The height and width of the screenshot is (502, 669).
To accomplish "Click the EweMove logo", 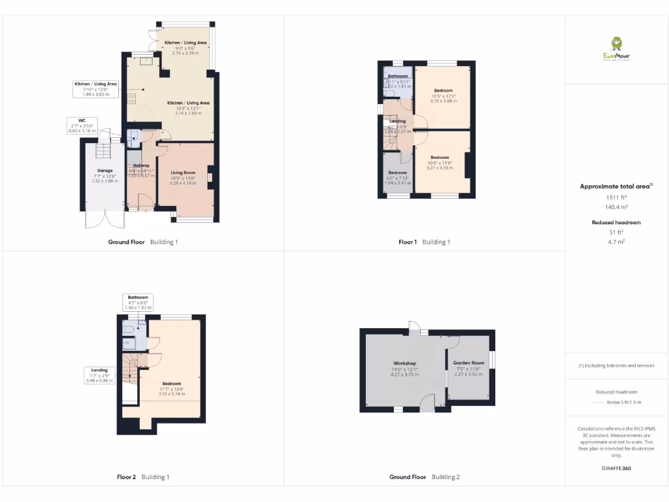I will [x=617, y=48].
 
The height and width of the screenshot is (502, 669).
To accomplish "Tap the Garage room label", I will [x=105, y=171].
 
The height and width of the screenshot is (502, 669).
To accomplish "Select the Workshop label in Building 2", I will [x=404, y=363].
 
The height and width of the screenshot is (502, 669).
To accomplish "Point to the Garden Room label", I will [x=469, y=363].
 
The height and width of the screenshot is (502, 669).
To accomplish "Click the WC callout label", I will [x=82, y=120].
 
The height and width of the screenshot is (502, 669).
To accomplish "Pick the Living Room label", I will [x=183, y=173].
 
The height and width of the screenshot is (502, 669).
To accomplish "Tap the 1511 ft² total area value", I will [x=617, y=197].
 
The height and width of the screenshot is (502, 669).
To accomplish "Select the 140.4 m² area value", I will [x=617, y=207].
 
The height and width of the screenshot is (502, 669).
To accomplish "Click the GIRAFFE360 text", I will [x=617, y=468].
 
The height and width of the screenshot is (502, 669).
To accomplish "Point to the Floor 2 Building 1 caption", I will [x=143, y=477].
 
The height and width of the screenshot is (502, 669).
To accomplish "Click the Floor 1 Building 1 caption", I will [x=424, y=242].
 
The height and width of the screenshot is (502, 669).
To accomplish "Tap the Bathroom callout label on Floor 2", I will [x=138, y=297].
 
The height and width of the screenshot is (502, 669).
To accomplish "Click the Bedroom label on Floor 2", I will [x=172, y=384].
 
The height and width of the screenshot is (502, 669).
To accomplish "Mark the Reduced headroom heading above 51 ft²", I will [x=616, y=223].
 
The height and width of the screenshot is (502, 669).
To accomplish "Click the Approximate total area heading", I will [x=616, y=186].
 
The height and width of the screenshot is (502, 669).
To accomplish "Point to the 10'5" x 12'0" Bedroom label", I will [x=443, y=91].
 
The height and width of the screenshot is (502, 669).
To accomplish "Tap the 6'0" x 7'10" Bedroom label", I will [x=397, y=173].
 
